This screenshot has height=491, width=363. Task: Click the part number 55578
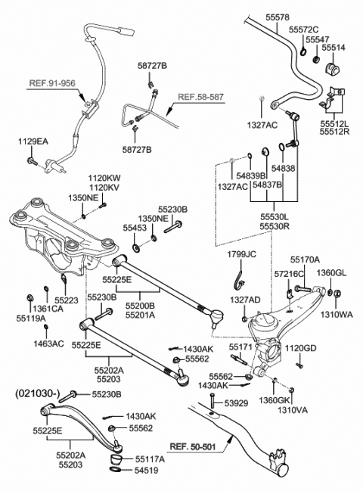278,17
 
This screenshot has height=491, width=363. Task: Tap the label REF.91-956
52,83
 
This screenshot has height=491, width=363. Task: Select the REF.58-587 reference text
201,97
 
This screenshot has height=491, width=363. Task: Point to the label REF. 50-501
193,446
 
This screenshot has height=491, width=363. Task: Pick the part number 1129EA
33,141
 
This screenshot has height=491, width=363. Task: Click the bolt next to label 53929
213,400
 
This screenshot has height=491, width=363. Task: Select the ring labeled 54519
116,469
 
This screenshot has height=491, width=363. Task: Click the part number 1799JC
241,254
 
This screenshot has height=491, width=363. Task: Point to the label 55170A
305,259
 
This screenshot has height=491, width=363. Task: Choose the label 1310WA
337,315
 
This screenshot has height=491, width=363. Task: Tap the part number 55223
67,300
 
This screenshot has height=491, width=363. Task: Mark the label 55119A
31,319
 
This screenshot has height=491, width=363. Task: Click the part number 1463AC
49,343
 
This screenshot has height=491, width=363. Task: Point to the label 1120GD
300,348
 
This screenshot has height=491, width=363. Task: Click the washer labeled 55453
136,247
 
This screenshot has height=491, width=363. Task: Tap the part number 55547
317,40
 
